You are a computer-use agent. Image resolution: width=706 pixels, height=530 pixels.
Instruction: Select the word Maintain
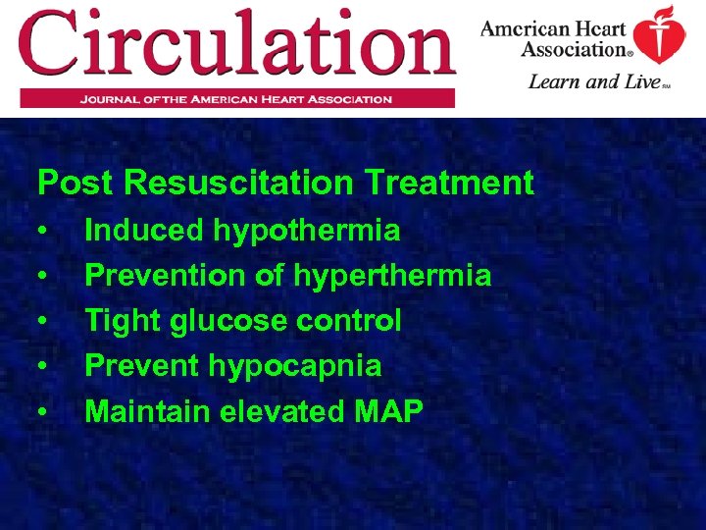(x=146, y=411)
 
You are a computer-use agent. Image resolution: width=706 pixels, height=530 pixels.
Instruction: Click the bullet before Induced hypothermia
(x=44, y=232)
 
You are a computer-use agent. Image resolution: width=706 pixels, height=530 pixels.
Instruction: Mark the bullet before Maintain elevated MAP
(x=44, y=412)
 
